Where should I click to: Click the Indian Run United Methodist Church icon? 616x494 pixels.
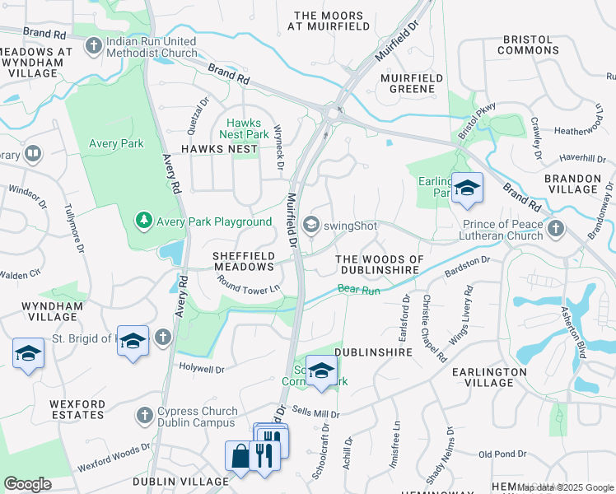click(94, 44)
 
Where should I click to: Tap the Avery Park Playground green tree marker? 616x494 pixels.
click(145, 221)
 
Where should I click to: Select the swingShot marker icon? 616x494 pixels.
click(311, 223)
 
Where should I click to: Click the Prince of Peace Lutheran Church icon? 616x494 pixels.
click(557, 227)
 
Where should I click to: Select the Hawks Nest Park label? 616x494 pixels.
click(242, 128)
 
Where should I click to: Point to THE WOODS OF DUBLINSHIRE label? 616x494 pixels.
click(380, 266)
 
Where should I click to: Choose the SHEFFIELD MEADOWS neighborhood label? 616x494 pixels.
click(243, 261)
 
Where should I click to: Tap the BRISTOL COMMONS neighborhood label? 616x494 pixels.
click(530, 44)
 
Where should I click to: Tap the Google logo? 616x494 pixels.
click(28, 484)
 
